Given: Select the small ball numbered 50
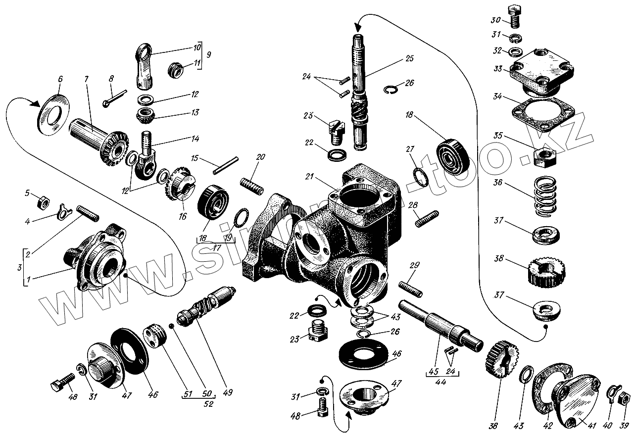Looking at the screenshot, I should (171, 326).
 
